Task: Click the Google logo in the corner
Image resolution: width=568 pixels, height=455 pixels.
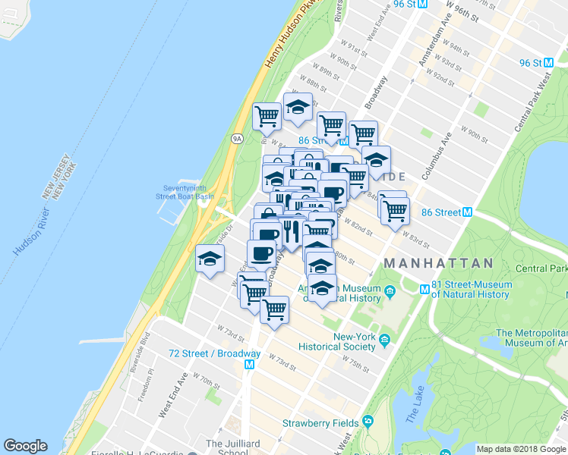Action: [x=26, y=446]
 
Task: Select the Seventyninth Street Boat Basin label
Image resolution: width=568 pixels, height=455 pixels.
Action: [x=185, y=193]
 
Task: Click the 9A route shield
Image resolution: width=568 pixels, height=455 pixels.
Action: [x=236, y=139]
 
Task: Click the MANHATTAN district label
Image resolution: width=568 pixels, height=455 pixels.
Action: [x=438, y=263]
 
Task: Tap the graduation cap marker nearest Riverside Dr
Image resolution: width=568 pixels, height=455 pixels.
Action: [x=210, y=259]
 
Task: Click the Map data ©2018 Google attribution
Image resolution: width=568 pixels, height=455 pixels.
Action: [x=521, y=449]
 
